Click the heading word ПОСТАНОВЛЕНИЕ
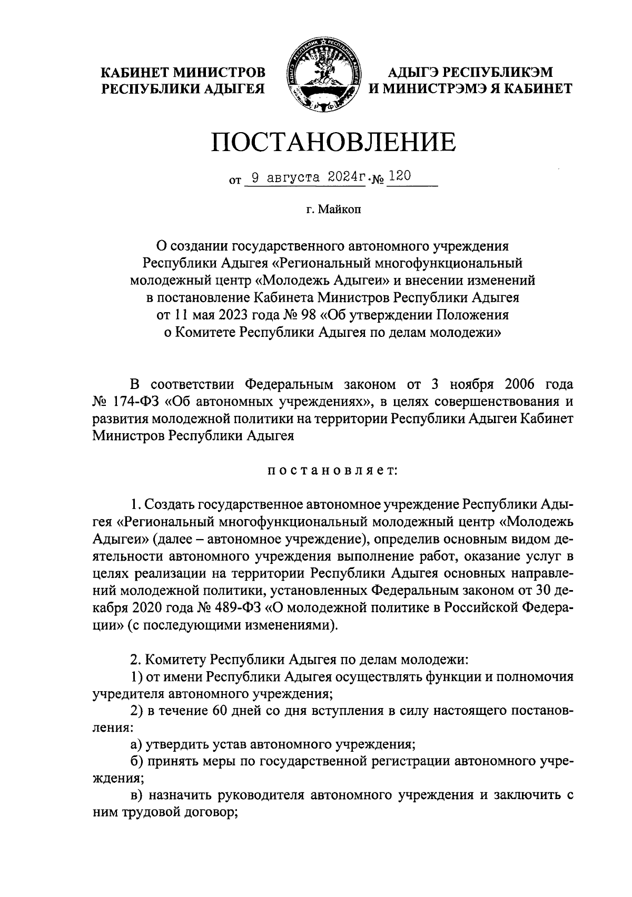tap(333, 142)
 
